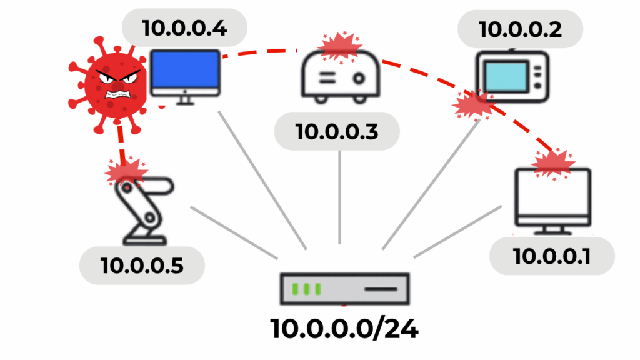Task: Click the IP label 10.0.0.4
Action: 185,27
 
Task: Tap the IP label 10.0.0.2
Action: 520,28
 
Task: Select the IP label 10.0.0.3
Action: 337,131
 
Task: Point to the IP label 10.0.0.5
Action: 142,265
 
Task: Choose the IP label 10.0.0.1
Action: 551,256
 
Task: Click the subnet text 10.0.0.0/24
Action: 344,329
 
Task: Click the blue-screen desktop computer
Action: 186,77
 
